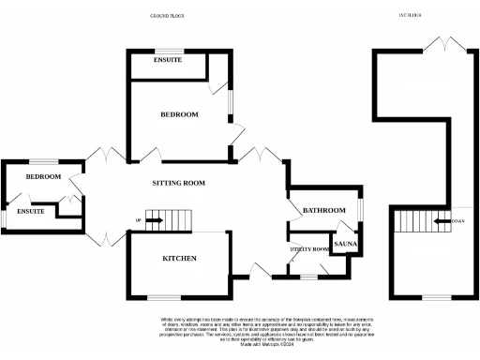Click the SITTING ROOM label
pos(178,183)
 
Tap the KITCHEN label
pos(179,258)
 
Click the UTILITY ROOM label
pos(310,248)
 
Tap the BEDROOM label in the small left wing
pos(43,176)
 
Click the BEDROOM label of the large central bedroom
pos(179,114)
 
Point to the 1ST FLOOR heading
pos(411,16)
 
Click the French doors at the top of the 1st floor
pos(441,44)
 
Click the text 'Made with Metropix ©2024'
pos(240,346)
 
